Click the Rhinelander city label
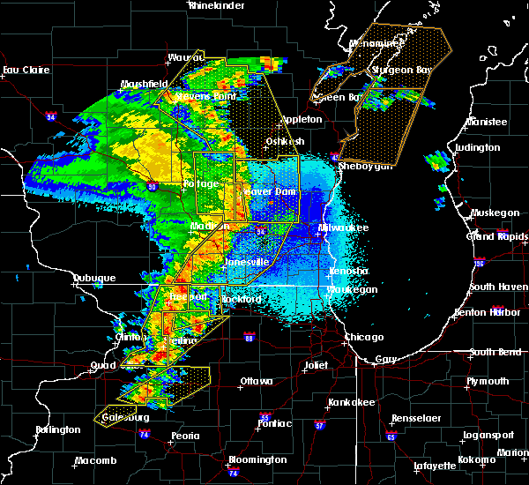click(x=215, y=5)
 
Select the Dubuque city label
click(x=93, y=278)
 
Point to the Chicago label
click(x=364, y=337)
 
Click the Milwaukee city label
click(x=345, y=228)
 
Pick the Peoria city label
click(x=184, y=436)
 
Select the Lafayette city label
click(x=436, y=465)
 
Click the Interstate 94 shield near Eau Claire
click(x=51, y=116)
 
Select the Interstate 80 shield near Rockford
click(x=250, y=338)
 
